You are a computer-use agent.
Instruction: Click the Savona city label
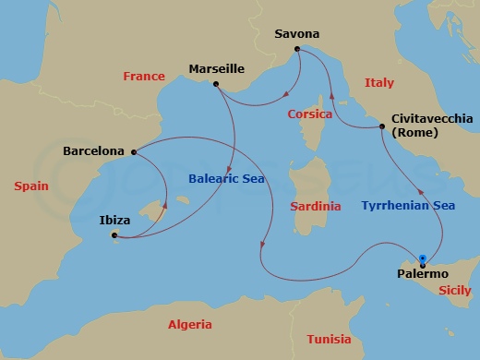pyautogui.click(x=297, y=34)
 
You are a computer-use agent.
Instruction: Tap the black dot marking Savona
pyautogui.click(x=296, y=48)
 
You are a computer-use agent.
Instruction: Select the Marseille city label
pyautogui.click(x=216, y=69)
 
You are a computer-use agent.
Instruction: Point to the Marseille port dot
pyautogui.click(x=215, y=85)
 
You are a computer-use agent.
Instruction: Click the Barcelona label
pyautogui.click(x=93, y=150)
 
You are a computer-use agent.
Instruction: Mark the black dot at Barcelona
pyautogui.click(x=134, y=152)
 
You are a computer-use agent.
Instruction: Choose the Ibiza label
pyautogui.click(x=114, y=221)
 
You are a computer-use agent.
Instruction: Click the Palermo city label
pyautogui.click(x=422, y=274)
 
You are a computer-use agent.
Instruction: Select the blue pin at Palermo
pyautogui.click(x=422, y=259)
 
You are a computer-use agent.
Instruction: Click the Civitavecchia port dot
pyautogui.click(x=382, y=126)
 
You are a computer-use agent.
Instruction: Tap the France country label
pyautogui.click(x=143, y=77)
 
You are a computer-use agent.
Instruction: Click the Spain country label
pyautogui.click(x=31, y=186)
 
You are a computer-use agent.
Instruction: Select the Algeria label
pyautogui.click(x=189, y=325)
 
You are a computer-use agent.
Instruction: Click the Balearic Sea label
pyautogui.click(x=226, y=178)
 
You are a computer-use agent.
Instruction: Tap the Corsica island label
pyautogui.click(x=310, y=114)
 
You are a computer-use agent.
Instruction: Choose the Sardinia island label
pyautogui.click(x=315, y=206)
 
